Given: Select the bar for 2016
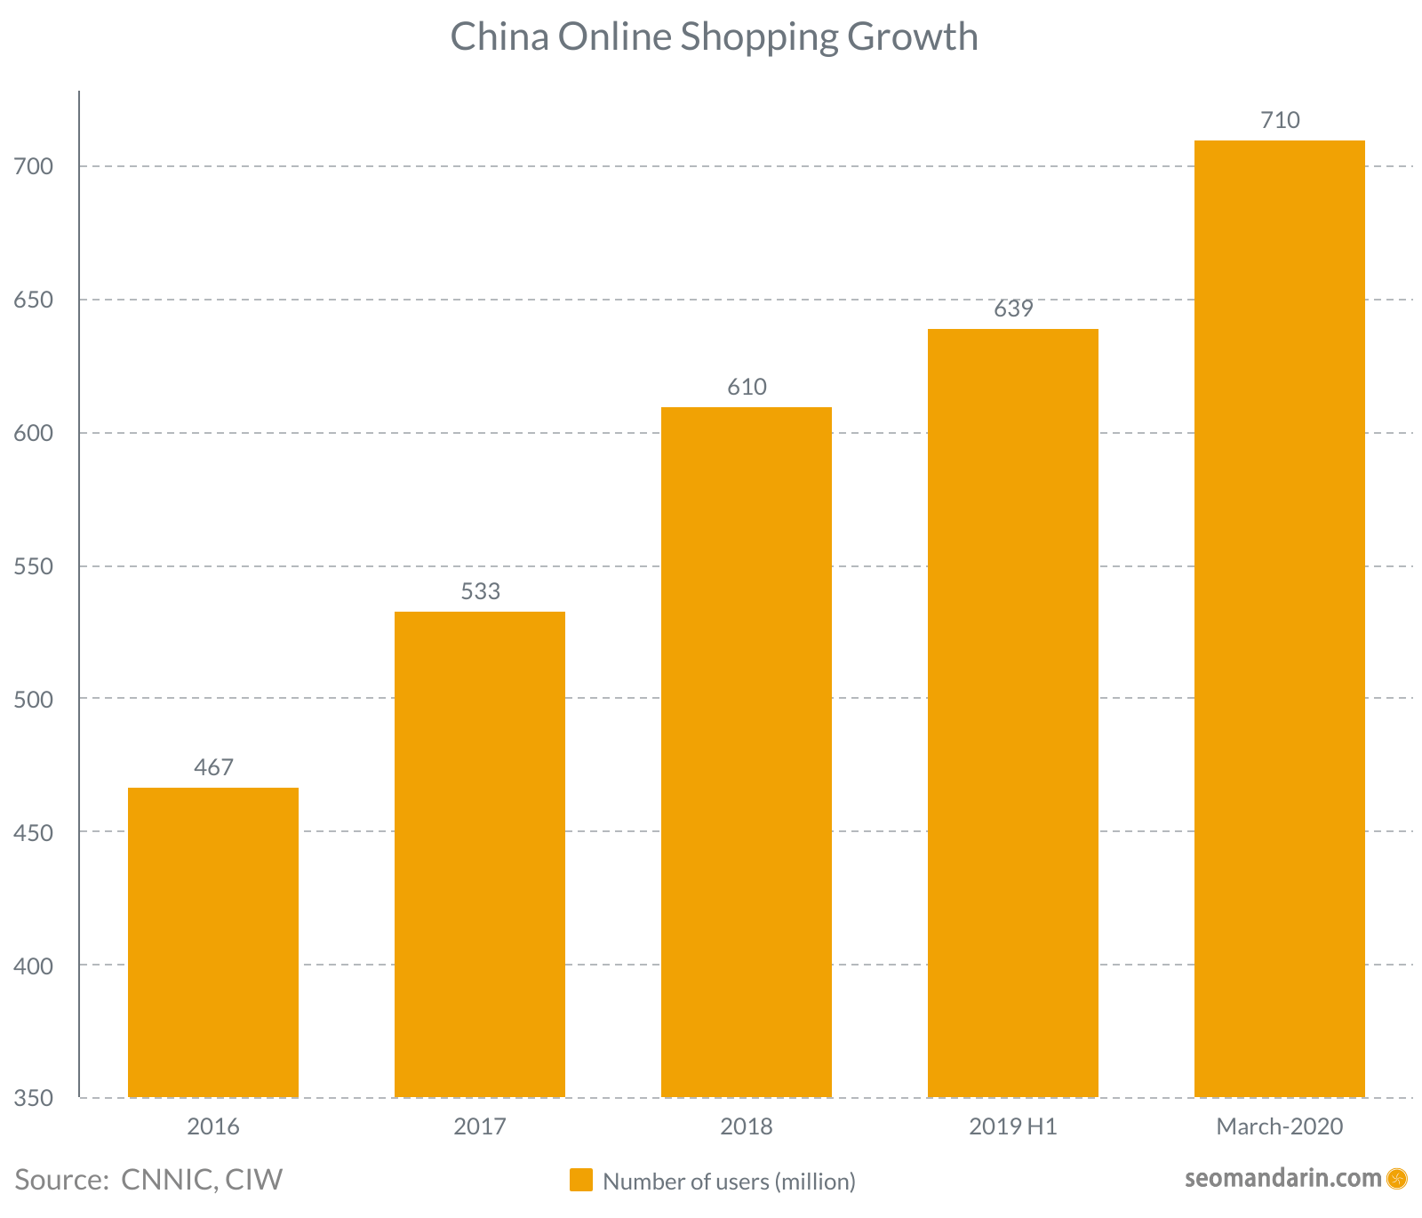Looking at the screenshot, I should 213,942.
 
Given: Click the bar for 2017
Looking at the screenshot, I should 480,854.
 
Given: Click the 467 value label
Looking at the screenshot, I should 213,767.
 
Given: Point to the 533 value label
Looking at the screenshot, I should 480,591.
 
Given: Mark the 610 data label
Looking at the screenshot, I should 747,387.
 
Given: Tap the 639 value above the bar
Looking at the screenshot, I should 1013,309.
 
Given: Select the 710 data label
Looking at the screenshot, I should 1280,120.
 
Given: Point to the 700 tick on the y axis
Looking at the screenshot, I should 34,166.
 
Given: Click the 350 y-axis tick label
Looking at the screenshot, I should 34,1098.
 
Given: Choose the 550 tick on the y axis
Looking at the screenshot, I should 34,566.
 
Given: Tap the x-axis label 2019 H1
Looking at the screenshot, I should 1013,1127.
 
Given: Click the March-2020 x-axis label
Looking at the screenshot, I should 1280,1127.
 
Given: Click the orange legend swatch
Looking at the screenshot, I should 581,1180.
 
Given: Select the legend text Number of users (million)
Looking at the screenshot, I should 729,1181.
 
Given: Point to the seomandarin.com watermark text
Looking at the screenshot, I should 1282,1179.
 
